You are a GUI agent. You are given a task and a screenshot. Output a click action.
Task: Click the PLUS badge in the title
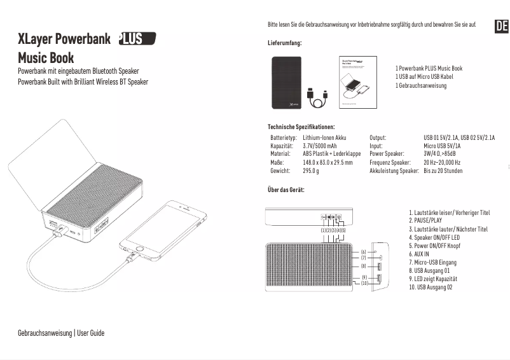coord(137,39)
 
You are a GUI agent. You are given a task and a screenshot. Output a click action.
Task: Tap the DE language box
coord(501,26)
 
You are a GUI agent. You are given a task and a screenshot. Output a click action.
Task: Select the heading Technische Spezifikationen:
coord(301,127)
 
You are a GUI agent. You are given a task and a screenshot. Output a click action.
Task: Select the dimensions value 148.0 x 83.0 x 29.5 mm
coord(327,162)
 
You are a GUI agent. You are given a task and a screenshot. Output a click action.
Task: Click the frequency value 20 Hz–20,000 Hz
coord(442,162)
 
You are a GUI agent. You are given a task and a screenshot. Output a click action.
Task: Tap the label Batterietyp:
coord(284,137)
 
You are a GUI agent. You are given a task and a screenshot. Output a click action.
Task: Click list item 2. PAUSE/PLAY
coord(425,221)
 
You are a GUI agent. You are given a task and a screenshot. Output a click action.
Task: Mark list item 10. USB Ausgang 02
coord(431,287)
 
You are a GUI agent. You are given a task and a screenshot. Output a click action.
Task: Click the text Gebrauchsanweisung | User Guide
coord(61,333)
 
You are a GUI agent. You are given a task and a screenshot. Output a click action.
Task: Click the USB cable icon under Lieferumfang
coord(317,99)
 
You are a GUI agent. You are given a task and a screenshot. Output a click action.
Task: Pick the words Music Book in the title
coord(46,59)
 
